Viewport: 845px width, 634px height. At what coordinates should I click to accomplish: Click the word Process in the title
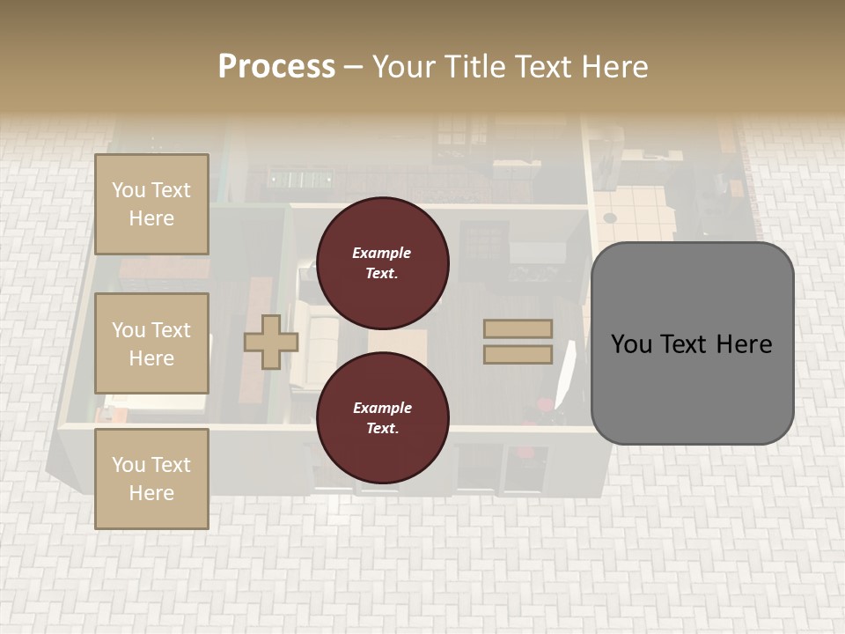[x=276, y=67]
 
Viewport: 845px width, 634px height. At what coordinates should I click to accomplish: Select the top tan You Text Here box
[x=151, y=204]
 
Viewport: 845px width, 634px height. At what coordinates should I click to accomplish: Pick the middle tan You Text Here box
[x=151, y=343]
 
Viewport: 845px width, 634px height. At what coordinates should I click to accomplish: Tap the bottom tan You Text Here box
[x=151, y=479]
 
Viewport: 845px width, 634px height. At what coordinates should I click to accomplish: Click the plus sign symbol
[x=270, y=342]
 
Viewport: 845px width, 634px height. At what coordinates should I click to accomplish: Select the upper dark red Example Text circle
[x=382, y=262]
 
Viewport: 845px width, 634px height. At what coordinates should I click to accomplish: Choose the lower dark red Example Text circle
[x=382, y=417]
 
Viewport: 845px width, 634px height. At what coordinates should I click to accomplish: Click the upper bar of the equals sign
[x=518, y=329]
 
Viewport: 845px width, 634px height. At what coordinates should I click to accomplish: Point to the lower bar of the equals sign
[x=518, y=354]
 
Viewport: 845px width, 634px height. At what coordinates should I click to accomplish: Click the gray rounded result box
[x=692, y=343]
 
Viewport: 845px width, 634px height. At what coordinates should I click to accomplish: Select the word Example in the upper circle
[x=382, y=253]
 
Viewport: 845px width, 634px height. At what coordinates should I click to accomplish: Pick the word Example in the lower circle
[x=382, y=408]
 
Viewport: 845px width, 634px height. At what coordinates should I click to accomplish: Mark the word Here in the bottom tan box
[x=151, y=493]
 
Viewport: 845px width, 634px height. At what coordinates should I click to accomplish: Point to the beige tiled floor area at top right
[x=638, y=211]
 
